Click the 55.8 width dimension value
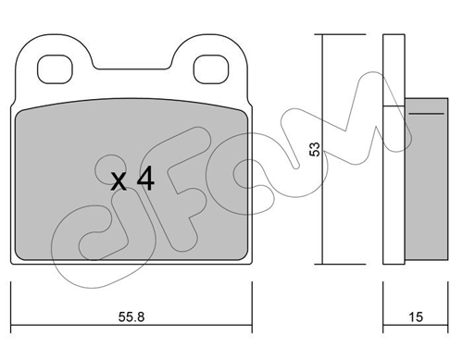pos(131,317)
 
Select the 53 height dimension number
pos(315,149)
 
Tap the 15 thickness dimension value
pos(416,317)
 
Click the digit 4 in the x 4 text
pos(145,178)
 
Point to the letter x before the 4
pos(119,181)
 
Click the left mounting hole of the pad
pos(55,69)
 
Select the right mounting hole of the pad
pos(211,69)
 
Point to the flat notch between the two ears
pos(132,68)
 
